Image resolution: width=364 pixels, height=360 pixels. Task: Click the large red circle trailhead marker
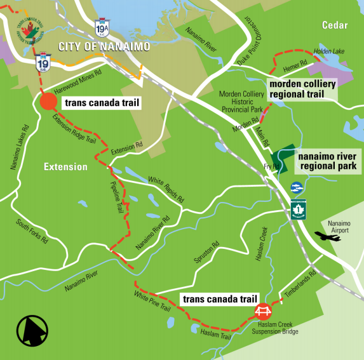coord(48,102)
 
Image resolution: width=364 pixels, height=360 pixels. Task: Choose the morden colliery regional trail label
coord(297,89)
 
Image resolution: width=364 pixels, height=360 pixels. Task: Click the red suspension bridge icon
coord(262,311)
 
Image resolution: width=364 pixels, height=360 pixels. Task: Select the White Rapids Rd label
coord(165,189)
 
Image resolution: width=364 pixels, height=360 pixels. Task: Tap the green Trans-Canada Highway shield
coord(296,210)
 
